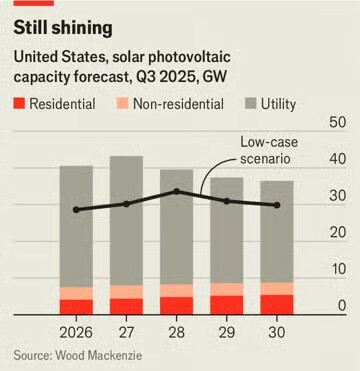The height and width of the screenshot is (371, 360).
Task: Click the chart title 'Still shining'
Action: tap(62, 27)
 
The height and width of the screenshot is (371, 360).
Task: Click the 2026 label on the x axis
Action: tap(77, 330)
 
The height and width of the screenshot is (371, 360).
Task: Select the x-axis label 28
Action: tap(177, 330)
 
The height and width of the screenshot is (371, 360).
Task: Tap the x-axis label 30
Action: tap(277, 330)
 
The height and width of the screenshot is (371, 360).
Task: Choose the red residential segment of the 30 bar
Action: tap(277, 305)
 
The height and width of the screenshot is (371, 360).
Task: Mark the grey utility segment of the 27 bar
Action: tap(127, 220)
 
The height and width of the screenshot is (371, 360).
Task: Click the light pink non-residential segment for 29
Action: tap(227, 290)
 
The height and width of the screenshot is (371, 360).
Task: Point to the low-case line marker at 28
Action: tap(177, 191)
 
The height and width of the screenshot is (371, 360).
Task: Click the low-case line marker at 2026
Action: tap(77, 210)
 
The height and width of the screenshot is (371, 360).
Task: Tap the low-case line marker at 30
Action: tap(277, 205)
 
